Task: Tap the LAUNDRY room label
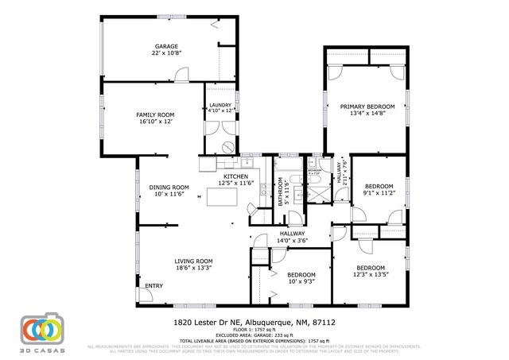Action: tap(220, 105)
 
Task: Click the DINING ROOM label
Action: tap(169, 187)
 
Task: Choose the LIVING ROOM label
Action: tap(193, 261)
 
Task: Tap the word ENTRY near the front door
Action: tap(153, 286)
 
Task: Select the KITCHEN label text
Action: tap(235, 176)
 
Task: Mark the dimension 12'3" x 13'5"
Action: tap(371, 275)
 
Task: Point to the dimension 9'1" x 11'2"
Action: tap(379, 192)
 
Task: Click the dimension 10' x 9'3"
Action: tap(301, 281)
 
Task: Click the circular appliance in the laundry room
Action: tap(227, 146)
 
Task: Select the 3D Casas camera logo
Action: tap(41, 330)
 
